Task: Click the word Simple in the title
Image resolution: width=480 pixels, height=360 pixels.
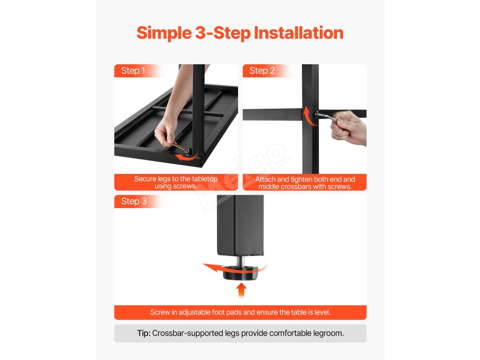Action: pyautogui.click(x=164, y=33)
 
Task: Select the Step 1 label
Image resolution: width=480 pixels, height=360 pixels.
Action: pyautogui.click(x=133, y=71)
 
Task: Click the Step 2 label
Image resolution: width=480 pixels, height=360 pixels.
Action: pyautogui.click(x=262, y=71)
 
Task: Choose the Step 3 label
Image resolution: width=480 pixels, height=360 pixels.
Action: pyautogui.click(x=134, y=202)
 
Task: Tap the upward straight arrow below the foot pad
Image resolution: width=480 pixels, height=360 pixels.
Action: pyautogui.click(x=241, y=290)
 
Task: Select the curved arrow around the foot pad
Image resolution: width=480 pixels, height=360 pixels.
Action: pyautogui.click(x=214, y=268)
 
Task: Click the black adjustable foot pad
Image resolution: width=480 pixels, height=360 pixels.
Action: pyautogui.click(x=240, y=273)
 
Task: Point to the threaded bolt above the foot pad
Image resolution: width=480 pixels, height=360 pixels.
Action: pyautogui.click(x=240, y=261)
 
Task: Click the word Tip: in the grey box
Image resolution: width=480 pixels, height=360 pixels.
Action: pyautogui.click(x=143, y=333)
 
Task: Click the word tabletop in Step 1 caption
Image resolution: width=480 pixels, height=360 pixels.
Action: pyautogui.click(x=204, y=179)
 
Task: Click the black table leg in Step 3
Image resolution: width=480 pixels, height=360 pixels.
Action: pyautogui.click(x=240, y=225)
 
